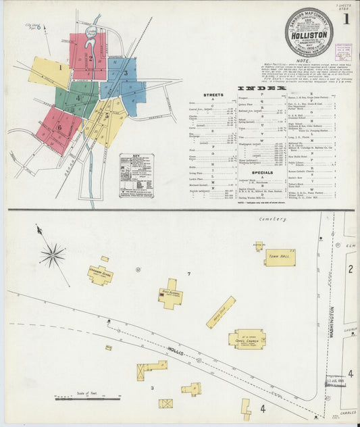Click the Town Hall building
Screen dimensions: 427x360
(x=280, y=257)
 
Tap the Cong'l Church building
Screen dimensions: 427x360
(x=247, y=338)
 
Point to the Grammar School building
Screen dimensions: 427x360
(x=100, y=275)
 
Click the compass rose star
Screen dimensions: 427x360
(x=52, y=255)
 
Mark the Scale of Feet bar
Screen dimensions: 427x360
(x=87, y=398)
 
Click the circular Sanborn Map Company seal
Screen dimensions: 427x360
(x=308, y=32)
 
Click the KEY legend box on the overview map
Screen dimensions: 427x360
(x=136, y=175)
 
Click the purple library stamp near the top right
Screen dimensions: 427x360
(x=343, y=52)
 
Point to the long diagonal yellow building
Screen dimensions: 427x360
(x=221, y=312)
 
